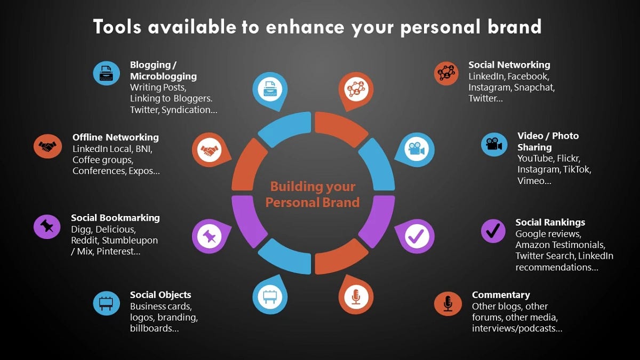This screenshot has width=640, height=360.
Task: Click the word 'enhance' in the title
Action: [305, 27]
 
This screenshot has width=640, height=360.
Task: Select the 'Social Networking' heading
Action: [509, 65]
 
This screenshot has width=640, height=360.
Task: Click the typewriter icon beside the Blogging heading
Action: [106, 73]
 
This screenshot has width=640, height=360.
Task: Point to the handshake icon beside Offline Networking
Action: [47, 146]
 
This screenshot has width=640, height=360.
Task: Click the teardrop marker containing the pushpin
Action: [211, 236]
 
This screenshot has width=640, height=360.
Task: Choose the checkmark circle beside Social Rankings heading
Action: [493, 231]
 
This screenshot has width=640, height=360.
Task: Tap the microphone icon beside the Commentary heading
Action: [447, 303]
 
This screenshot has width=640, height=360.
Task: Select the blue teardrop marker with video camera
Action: [415, 150]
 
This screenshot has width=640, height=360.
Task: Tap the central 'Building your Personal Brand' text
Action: [313, 194]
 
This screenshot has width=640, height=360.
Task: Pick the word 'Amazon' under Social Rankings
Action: [532, 245]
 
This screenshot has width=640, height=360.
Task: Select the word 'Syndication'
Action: [186, 110]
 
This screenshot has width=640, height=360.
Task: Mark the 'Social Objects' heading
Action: [161, 295]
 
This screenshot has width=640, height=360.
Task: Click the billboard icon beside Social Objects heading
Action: [106, 303]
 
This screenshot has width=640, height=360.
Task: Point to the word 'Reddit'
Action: [84, 241]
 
